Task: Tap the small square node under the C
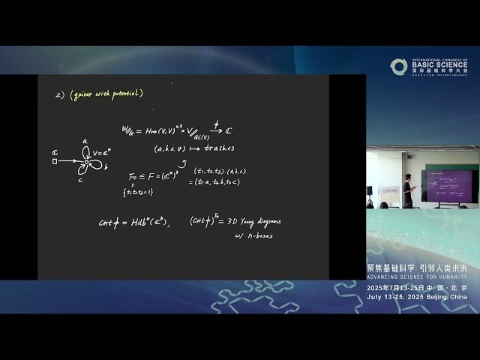(55, 160)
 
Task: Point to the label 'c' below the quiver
(82, 178)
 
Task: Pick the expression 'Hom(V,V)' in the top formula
(160, 131)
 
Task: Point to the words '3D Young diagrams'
(250, 221)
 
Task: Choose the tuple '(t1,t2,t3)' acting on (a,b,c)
(209, 170)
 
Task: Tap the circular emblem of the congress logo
(398, 67)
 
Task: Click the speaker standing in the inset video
(407, 190)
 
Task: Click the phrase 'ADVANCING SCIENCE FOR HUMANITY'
(417, 277)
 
